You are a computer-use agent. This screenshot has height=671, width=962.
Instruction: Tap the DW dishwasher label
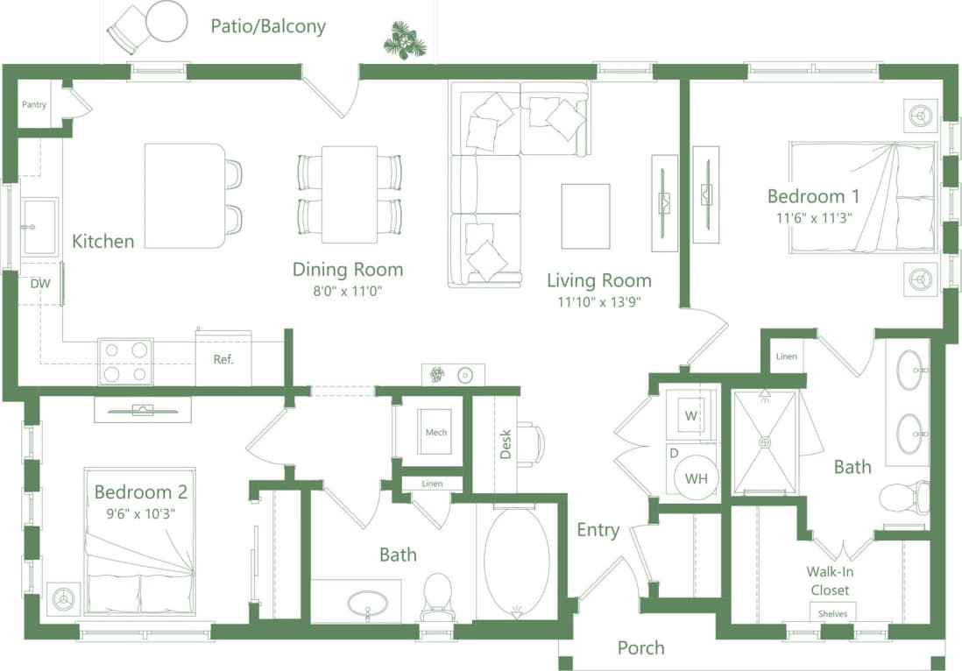(39, 284)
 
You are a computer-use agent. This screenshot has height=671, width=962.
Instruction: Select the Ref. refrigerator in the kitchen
(223, 358)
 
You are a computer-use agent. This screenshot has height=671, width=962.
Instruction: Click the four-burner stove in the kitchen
(125, 361)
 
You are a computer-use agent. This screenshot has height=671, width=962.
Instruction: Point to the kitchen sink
(39, 226)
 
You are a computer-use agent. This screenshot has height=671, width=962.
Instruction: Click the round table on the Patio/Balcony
(166, 22)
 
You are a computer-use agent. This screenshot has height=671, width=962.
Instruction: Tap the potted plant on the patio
(405, 40)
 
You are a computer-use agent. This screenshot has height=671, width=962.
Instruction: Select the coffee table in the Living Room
(585, 216)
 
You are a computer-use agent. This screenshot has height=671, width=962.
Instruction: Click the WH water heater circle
(697, 478)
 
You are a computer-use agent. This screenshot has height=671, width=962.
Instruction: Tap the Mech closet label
(436, 432)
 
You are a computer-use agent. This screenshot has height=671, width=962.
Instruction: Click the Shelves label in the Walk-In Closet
(832, 613)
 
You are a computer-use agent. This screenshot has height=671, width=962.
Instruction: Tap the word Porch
(640, 648)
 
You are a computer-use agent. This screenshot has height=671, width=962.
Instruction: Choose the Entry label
(598, 530)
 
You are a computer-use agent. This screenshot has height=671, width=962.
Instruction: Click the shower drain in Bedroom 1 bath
(765, 442)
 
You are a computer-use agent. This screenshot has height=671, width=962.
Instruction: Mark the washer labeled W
(691, 415)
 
